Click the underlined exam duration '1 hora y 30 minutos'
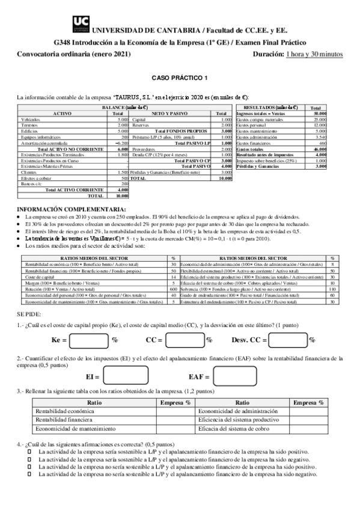point(314,55)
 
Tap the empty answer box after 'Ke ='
point(89,340)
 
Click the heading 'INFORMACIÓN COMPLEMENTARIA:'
point(64,209)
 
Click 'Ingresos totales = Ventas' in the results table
point(261,113)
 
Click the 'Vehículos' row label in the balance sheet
point(30,119)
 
